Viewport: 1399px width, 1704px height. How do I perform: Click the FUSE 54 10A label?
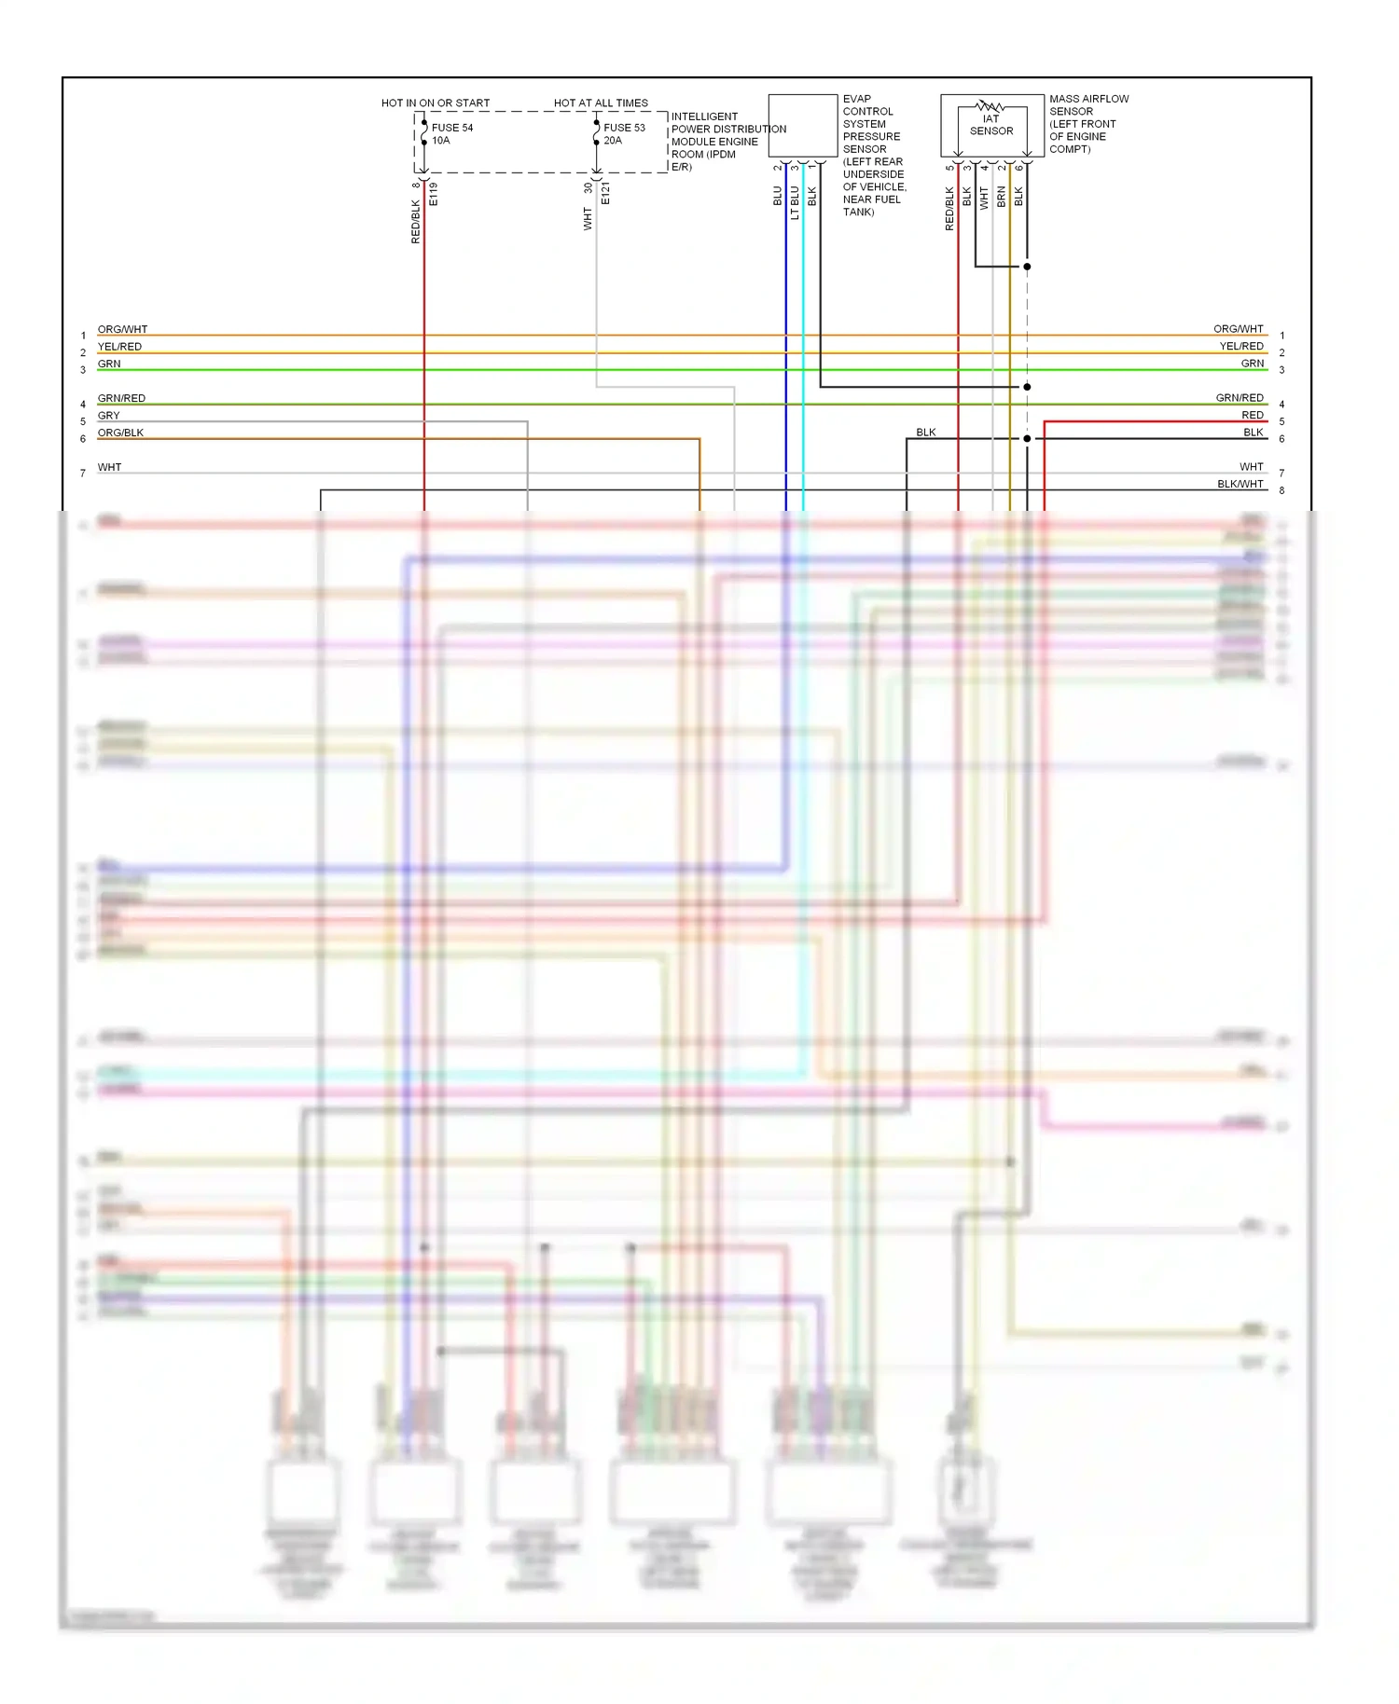pyautogui.click(x=451, y=134)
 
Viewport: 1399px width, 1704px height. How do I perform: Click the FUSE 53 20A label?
pyautogui.click(x=623, y=134)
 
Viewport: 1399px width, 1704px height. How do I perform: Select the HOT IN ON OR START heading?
pyautogui.click(x=435, y=103)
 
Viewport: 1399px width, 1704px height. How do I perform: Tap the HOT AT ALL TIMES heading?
pyautogui.click(x=601, y=103)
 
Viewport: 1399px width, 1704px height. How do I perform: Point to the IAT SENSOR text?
pyautogui.click(x=990, y=125)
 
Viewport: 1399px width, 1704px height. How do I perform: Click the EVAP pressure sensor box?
pyautogui.click(x=802, y=125)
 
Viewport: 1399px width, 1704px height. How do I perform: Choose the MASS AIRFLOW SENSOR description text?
pyautogui.click(x=1087, y=123)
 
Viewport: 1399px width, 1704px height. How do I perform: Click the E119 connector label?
pyautogui.click(x=434, y=194)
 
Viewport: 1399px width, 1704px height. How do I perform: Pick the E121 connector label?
pyautogui.click(x=605, y=194)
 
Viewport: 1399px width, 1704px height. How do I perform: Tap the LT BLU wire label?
pyautogui.click(x=795, y=202)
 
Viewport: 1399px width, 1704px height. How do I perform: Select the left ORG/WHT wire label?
pyautogui.click(x=122, y=329)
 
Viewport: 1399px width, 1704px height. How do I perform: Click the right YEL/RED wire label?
pyautogui.click(x=1240, y=346)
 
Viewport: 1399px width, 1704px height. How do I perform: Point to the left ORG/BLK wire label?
pyautogui.click(x=120, y=433)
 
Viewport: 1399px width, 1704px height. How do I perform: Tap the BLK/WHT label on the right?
pyautogui.click(x=1240, y=484)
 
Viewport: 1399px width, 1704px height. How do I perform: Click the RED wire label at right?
pyautogui.click(x=1252, y=415)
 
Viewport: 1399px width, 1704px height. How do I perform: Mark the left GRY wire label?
pyautogui.click(x=108, y=416)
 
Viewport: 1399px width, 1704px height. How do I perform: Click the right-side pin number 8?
pyautogui.click(x=1281, y=490)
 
